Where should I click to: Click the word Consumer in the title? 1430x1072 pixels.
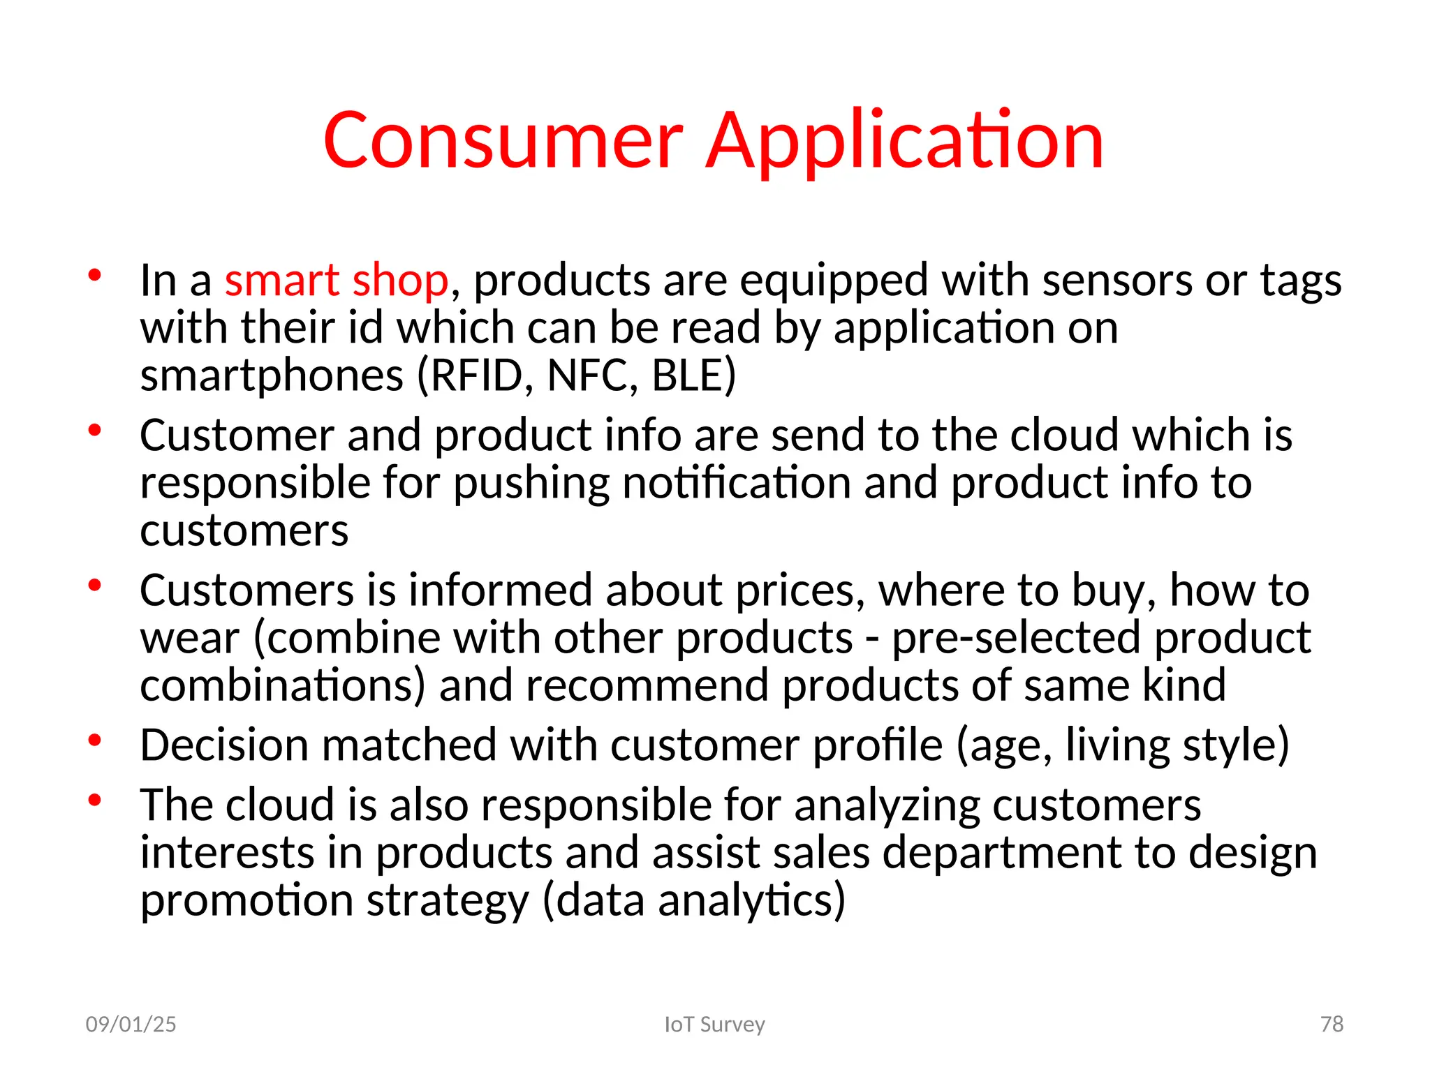coord(503,142)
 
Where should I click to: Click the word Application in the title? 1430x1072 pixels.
coord(904,142)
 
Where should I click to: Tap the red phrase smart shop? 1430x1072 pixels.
coord(336,281)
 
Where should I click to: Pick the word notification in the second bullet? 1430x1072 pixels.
coord(736,483)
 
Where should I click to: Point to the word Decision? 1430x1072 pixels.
coord(223,745)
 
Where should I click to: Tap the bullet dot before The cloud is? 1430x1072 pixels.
coord(95,800)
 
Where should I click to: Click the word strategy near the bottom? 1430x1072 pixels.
coord(448,901)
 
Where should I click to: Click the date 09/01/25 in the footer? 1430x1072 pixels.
coord(131,1025)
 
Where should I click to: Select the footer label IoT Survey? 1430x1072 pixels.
coord(714,1025)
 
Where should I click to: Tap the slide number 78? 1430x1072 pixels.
coord(1332,1025)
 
